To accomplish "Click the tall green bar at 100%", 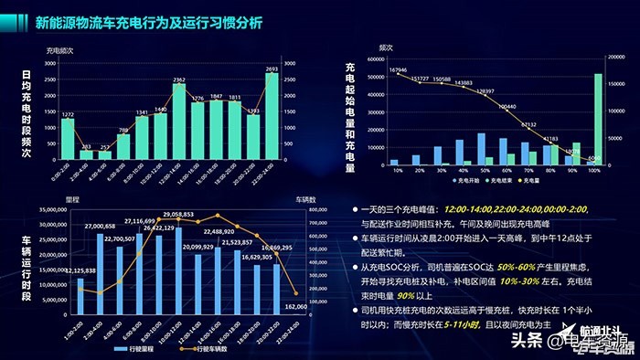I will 598,120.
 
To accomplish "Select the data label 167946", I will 398,69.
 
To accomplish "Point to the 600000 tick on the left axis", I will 380,60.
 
